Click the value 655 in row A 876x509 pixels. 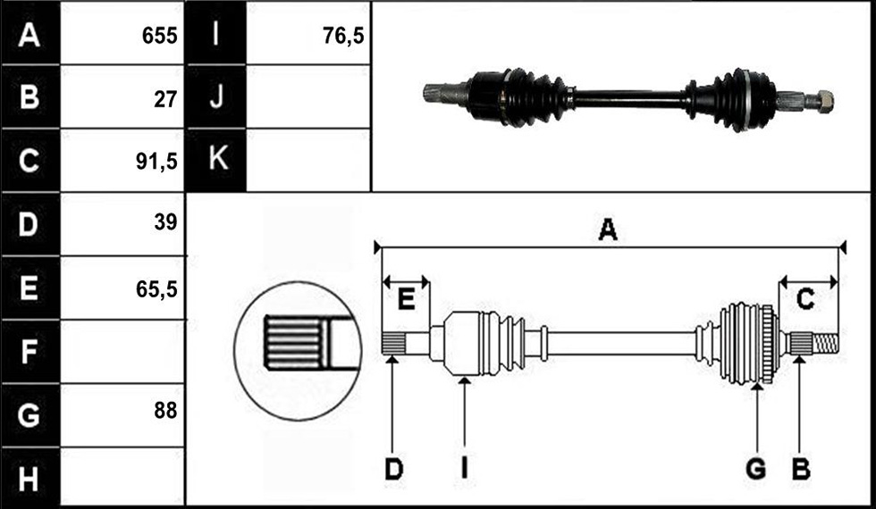159,37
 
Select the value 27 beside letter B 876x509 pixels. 165,100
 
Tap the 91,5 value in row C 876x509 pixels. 156,163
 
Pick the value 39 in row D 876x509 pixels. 165,222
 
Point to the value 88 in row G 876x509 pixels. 165,411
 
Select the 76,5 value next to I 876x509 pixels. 343,37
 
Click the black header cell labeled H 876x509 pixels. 30,478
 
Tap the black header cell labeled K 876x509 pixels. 215,160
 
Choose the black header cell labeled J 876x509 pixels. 215,96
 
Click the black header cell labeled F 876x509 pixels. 30,351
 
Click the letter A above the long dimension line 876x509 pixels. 608,230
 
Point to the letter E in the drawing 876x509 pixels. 406,300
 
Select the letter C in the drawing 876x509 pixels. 805,300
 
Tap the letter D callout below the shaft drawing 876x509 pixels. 394,470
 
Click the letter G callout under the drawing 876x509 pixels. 756,470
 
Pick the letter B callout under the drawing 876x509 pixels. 801,470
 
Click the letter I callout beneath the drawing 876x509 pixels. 464,470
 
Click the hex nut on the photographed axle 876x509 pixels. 824,100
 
